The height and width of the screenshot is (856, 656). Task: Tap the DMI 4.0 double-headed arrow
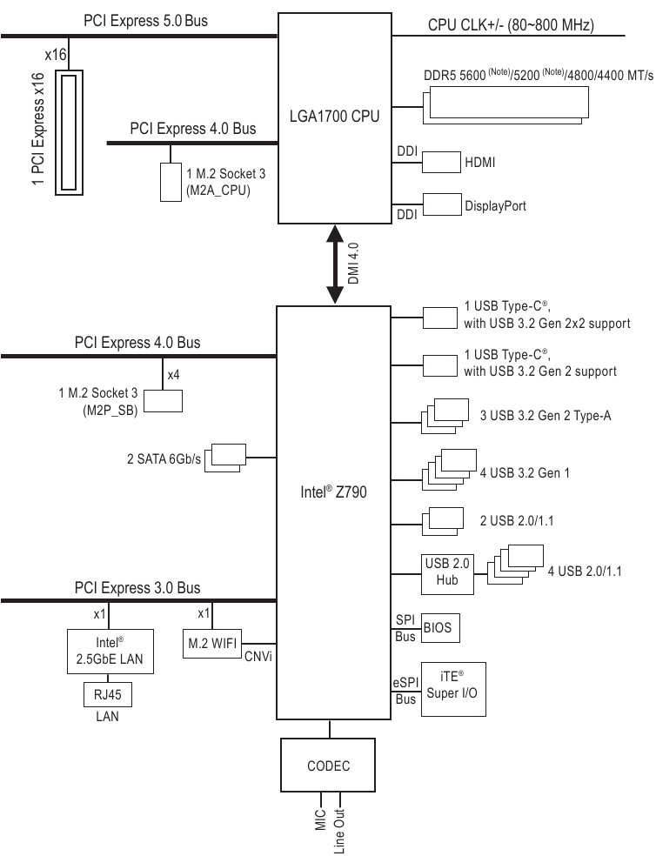pyautogui.click(x=334, y=264)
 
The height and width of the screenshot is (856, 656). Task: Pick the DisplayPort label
pyautogui.click(x=495, y=206)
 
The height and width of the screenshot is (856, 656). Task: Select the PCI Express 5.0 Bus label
pyautogui.click(x=146, y=20)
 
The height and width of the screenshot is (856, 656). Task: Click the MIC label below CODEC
pyautogui.click(x=320, y=821)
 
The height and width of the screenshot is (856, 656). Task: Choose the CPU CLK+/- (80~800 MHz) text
pyautogui.click(x=511, y=24)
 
